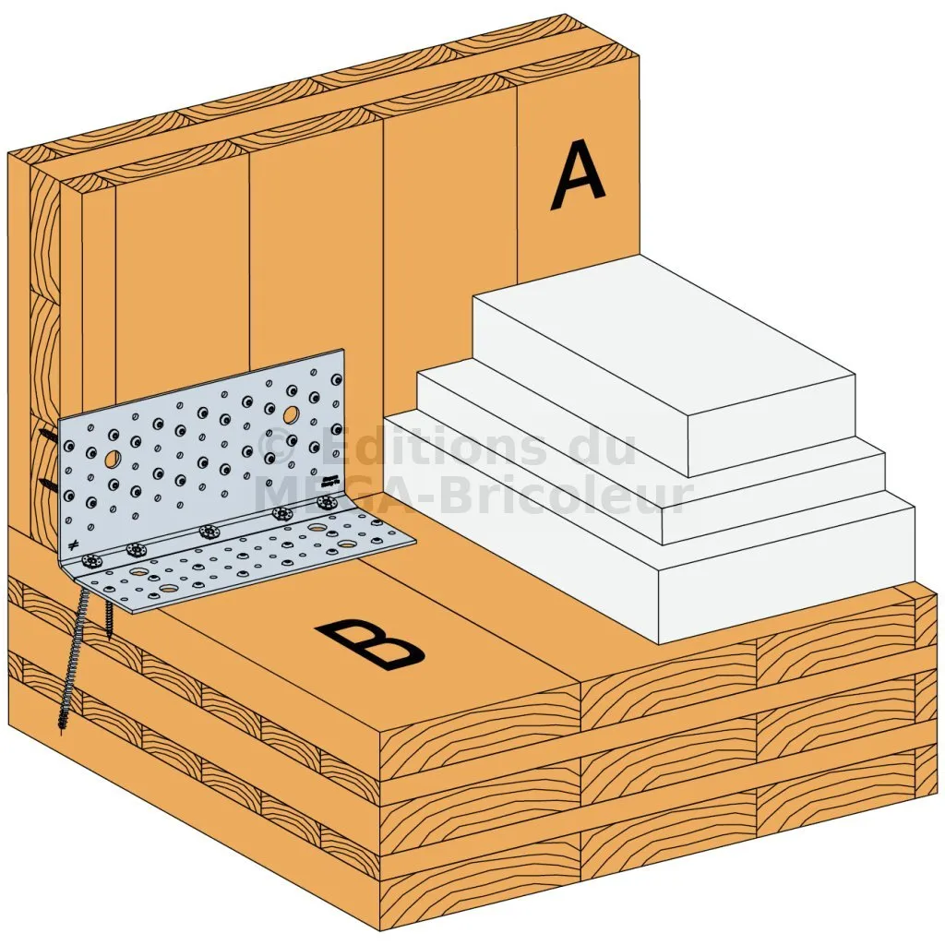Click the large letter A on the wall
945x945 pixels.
(578, 174)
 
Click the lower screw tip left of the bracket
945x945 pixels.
(47, 484)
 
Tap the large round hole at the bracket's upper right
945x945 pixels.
(291, 414)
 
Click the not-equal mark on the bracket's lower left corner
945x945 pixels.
(73, 545)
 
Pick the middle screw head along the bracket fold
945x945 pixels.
(208, 532)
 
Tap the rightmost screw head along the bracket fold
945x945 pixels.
(328, 502)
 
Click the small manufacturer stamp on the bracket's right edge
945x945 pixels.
(330, 481)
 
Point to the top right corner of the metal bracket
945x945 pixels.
(343, 349)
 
